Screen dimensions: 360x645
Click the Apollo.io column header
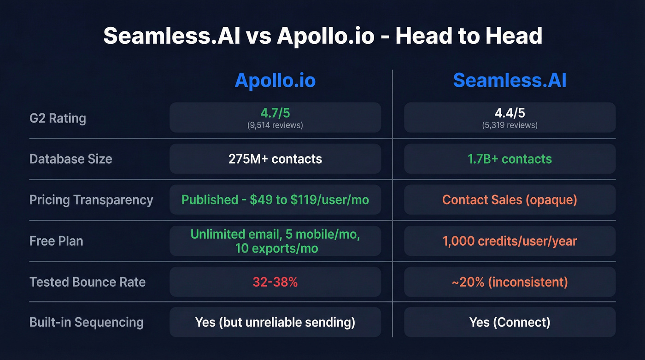[x=275, y=81]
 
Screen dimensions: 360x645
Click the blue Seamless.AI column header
[x=510, y=81]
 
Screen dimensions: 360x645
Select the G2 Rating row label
[x=58, y=118]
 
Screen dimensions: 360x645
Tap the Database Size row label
[x=70, y=159]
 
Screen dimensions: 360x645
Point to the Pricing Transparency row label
[x=91, y=200]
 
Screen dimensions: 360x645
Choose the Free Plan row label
[x=56, y=241]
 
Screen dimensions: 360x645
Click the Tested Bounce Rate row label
[x=88, y=282]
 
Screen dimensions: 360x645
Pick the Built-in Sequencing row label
[x=87, y=322]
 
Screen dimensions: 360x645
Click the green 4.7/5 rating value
[x=275, y=113]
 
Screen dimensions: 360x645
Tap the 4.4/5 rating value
[x=510, y=113]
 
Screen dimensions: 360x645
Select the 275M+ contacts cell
[x=275, y=159]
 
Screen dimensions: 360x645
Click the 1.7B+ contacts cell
[x=510, y=159]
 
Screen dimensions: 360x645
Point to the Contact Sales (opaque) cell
[x=510, y=200]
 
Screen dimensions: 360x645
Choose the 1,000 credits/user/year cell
[x=510, y=241]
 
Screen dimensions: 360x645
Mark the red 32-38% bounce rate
[x=275, y=282]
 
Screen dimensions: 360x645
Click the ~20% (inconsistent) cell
[x=510, y=282]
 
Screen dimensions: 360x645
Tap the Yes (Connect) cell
[x=510, y=322]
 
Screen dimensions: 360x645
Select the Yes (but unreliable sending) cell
[x=275, y=322]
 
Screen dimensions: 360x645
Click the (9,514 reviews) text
[x=275, y=125]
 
